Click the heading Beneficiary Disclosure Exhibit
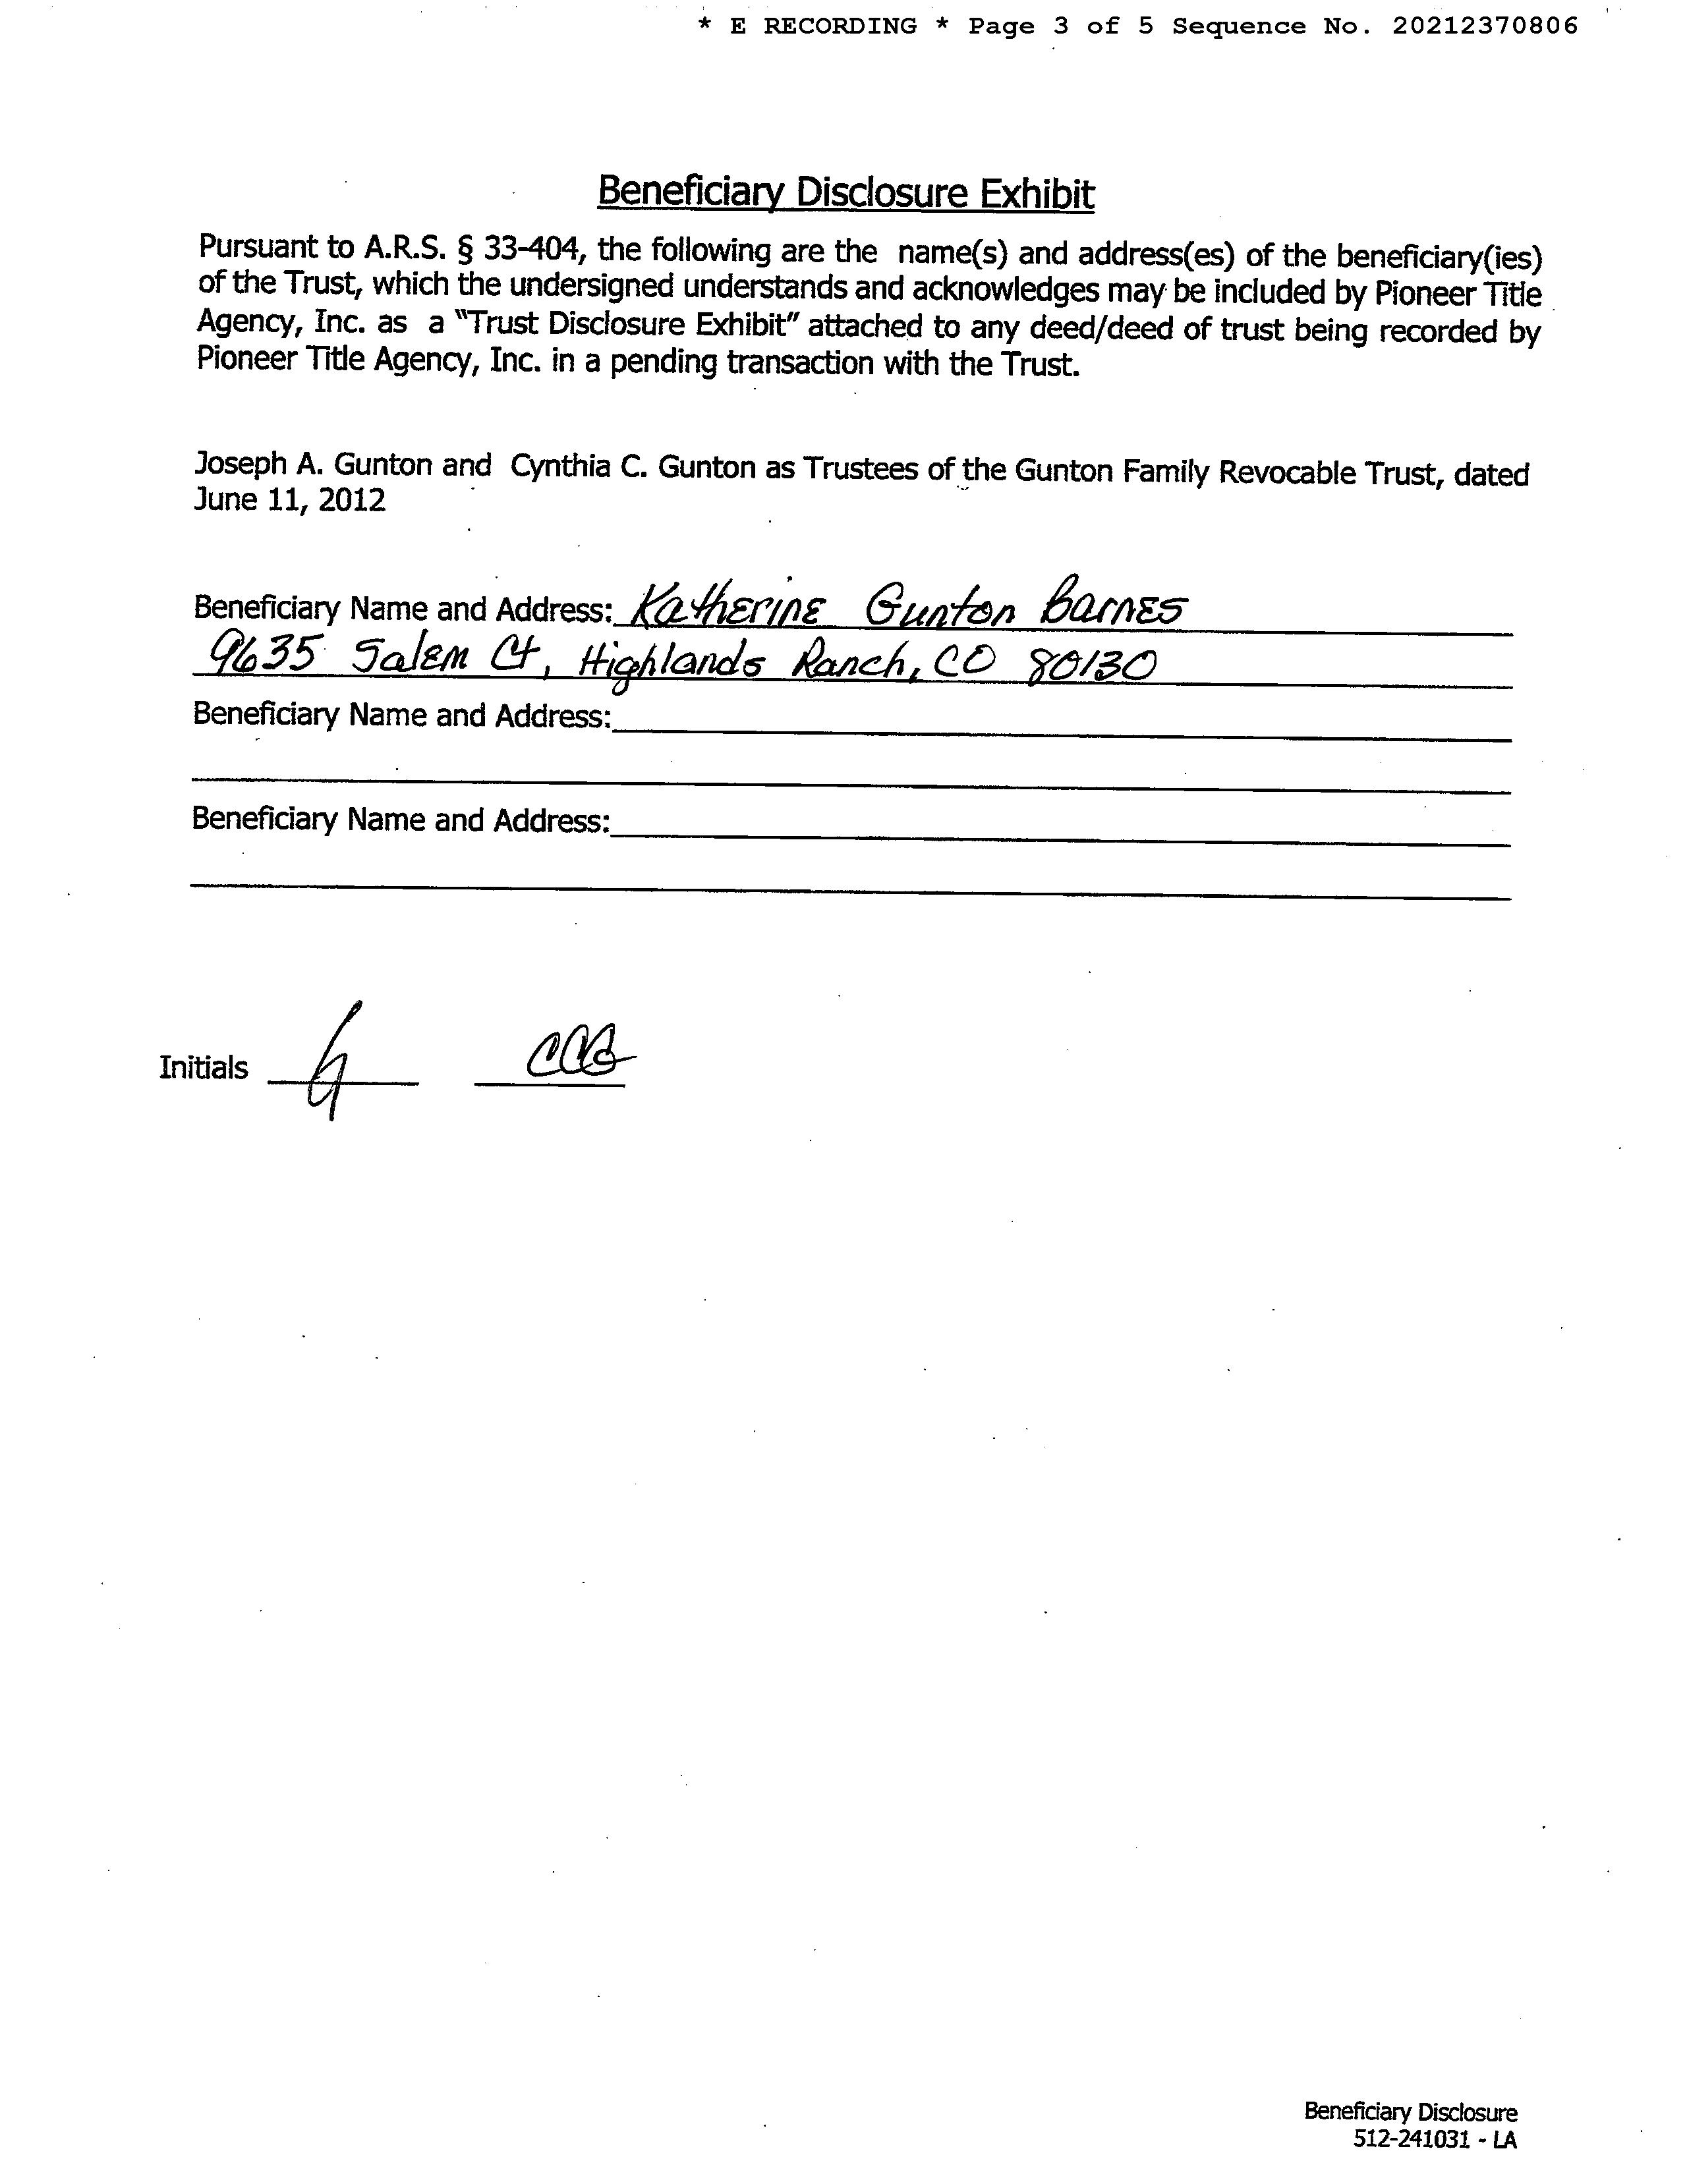point(845,193)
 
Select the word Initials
point(203,1068)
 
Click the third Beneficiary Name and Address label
point(400,820)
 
